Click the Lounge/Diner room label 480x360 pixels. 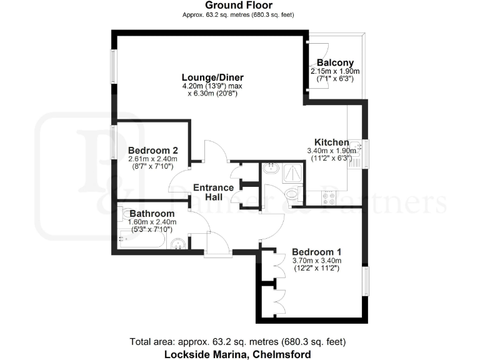(208, 77)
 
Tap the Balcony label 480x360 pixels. (335, 62)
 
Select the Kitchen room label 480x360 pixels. (331, 142)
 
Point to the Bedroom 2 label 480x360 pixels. (153, 150)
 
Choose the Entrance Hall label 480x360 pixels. (213, 192)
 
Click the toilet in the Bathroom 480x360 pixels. (125, 214)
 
